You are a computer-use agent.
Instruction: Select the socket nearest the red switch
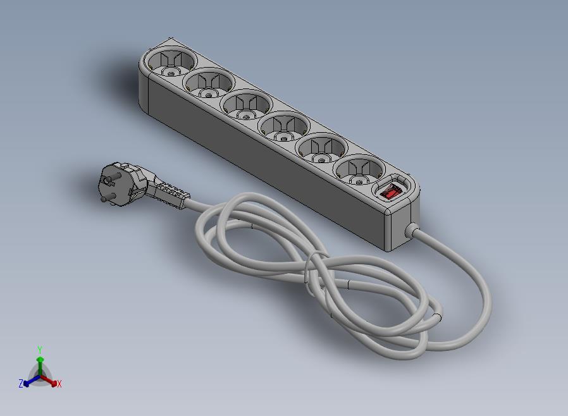pos(359,172)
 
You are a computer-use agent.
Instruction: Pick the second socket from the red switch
pos(321,150)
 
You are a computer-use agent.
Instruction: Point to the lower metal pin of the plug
pos(110,197)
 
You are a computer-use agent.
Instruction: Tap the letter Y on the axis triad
pos(40,350)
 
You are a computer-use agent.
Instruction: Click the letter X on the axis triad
pos(59,384)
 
